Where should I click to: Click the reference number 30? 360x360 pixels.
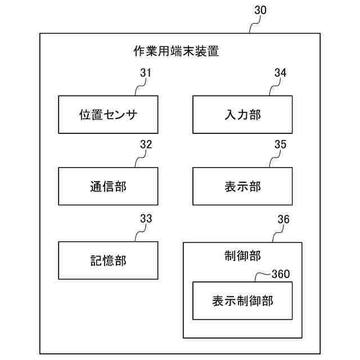(x=260, y=10)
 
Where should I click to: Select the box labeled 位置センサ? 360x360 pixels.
(x=108, y=115)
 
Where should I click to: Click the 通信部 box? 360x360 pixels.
(x=108, y=186)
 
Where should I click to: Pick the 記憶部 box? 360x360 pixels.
(x=108, y=260)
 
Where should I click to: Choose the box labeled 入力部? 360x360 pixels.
(x=242, y=115)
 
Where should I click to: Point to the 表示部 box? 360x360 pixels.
(x=242, y=186)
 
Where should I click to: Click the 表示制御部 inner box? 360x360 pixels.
(x=242, y=300)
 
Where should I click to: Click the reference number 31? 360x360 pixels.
(x=146, y=73)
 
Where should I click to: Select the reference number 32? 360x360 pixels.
(x=146, y=144)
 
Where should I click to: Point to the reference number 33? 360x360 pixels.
(x=146, y=218)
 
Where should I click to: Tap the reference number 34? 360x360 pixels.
(x=280, y=73)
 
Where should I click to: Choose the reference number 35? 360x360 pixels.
(x=280, y=144)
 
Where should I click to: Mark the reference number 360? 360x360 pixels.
(x=281, y=274)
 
